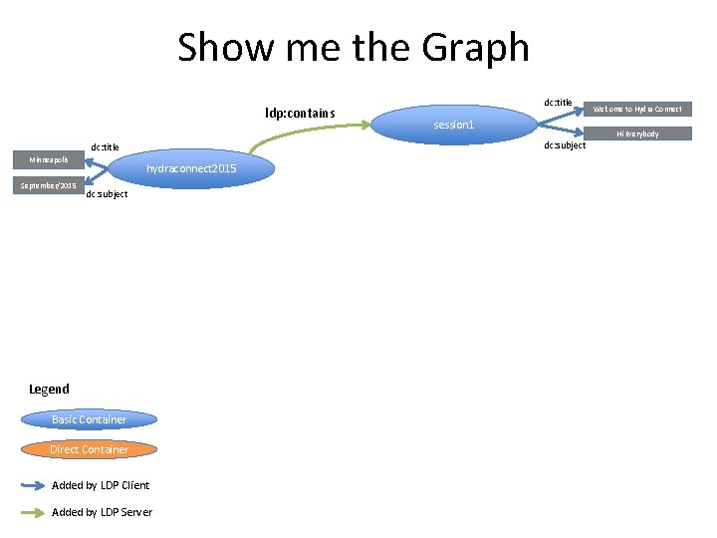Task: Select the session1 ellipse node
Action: (x=454, y=125)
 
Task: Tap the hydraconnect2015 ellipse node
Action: (x=191, y=169)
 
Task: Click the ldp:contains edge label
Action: (x=300, y=113)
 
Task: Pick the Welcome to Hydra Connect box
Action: (x=637, y=109)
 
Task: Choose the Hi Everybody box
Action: (x=637, y=134)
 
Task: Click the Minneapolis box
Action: (x=48, y=159)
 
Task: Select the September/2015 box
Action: (x=48, y=185)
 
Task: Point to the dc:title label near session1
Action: (x=558, y=103)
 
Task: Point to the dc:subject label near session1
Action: (x=565, y=146)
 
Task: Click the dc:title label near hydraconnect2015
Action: (x=105, y=147)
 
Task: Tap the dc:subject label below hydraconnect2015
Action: (x=107, y=194)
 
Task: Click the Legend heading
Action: (x=49, y=389)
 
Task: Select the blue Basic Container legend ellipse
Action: (x=90, y=419)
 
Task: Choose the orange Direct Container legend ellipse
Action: (x=90, y=449)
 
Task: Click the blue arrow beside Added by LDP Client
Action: (x=34, y=485)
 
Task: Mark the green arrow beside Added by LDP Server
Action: (x=34, y=512)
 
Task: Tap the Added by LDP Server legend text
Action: (x=102, y=512)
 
